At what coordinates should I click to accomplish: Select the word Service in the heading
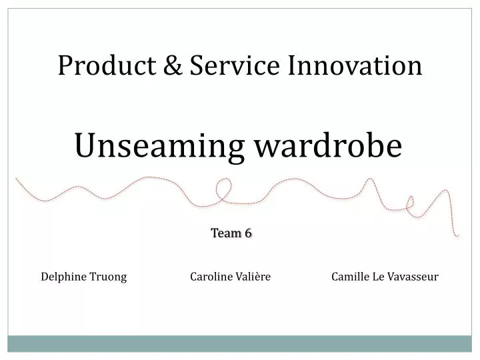pos(223,65)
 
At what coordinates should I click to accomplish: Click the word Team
pos(224,233)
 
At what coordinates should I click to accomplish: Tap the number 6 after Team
pos(248,233)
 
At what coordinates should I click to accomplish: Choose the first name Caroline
pos(211,277)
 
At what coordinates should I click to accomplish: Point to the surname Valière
pos(253,277)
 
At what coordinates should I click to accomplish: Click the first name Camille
pos(350,277)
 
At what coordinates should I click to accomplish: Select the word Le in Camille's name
pos(377,277)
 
